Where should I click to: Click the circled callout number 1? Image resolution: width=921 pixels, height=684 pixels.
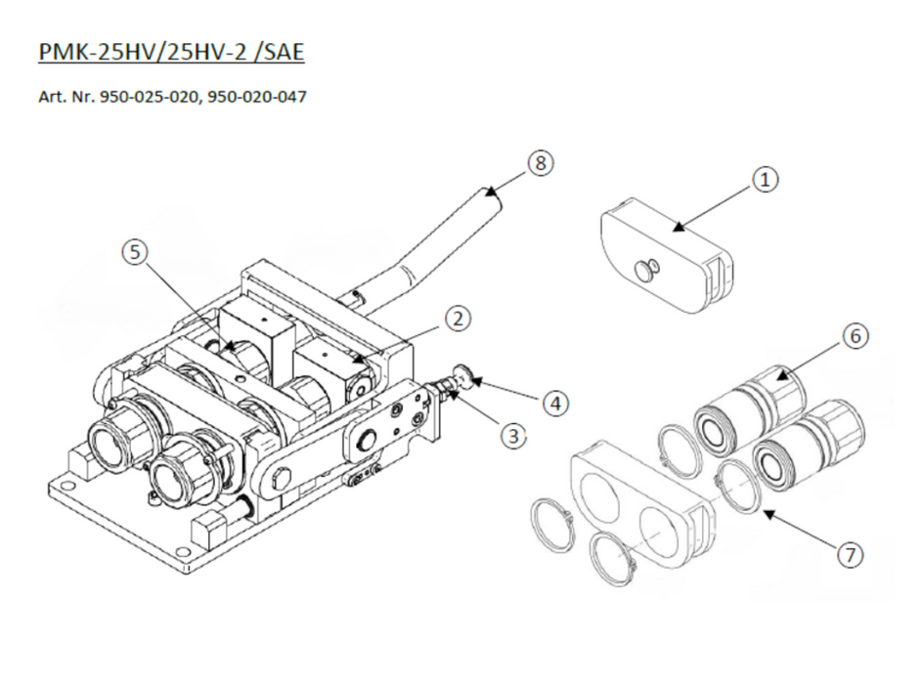766,180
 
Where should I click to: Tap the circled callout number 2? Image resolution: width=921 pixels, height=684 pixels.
459,319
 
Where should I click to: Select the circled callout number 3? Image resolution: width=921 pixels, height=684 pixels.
513,436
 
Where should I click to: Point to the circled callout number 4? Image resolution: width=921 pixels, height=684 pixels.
555,404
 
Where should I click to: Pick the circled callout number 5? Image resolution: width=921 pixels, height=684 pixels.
136,252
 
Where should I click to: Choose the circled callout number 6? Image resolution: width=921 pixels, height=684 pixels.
855,336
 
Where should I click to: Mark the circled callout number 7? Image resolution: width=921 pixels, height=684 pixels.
851,555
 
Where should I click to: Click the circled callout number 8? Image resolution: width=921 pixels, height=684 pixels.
541,163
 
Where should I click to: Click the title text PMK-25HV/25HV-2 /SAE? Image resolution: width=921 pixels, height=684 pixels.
171,52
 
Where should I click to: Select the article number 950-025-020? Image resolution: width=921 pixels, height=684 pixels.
150,97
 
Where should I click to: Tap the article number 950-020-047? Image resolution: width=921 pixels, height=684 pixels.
257,97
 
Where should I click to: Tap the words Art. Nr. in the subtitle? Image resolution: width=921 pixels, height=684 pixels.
66,97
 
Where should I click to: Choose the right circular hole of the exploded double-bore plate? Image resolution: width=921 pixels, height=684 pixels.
664,532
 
